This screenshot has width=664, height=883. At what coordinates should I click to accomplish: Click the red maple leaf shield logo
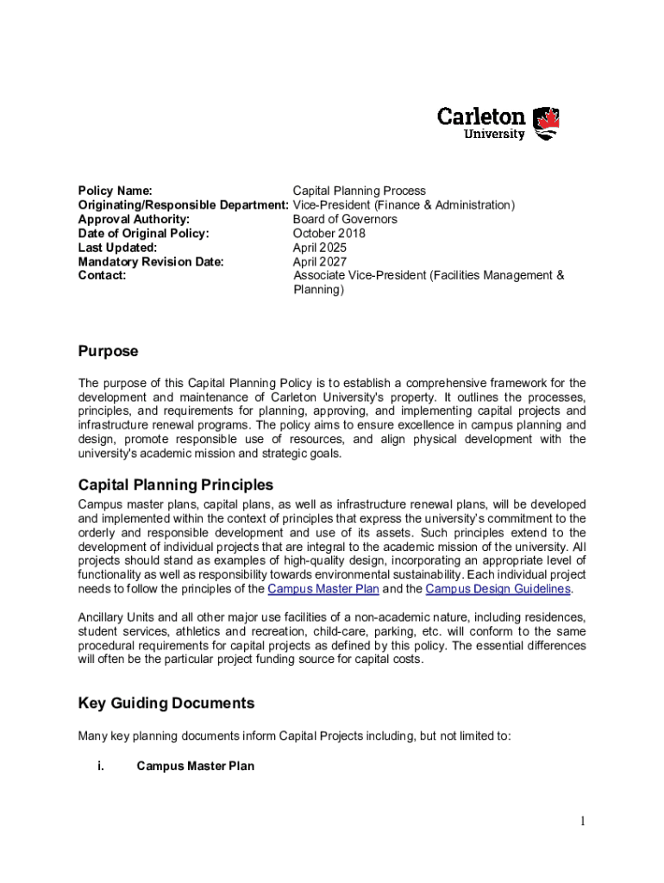pos(547,123)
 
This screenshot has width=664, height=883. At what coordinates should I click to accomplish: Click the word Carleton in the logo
pos(481,116)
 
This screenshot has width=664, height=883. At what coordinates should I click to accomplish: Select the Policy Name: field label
pos(116,191)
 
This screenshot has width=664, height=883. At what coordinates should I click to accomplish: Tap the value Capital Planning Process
pos(359,191)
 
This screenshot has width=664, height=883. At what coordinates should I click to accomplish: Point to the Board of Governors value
pos(345,219)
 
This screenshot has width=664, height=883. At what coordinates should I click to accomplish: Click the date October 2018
pos(329,233)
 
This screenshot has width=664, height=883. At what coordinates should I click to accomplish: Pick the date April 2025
pos(319,247)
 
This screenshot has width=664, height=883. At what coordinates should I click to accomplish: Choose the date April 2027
pos(319,261)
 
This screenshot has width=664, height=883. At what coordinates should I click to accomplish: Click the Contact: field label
pos(102,275)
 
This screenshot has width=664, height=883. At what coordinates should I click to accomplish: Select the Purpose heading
pos(108,352)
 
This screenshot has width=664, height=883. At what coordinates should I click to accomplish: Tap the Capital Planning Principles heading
pos(176,485)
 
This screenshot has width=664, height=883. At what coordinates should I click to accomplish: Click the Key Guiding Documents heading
pos(166,704)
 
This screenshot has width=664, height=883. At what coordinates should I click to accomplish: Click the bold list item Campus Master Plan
pos(196,766)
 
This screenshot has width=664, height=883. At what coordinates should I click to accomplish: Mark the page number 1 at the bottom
pos(582,822)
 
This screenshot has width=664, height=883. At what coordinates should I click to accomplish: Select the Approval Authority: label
pos(134,219)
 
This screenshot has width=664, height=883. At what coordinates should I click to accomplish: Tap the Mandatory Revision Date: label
pos(151,261)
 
